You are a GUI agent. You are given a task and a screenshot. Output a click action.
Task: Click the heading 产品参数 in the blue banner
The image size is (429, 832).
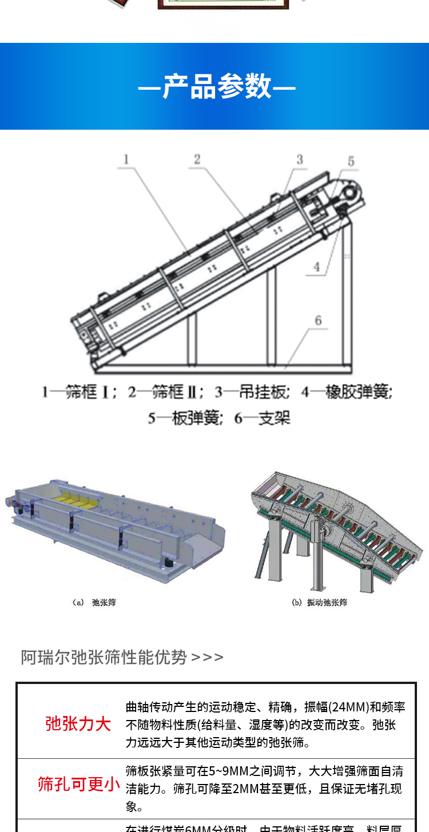click(x=217, y=87)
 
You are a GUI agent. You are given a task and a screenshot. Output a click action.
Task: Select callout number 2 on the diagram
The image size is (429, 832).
click(x=197, y=159)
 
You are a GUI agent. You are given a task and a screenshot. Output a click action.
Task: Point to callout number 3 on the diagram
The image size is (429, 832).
click(x=300, y=159)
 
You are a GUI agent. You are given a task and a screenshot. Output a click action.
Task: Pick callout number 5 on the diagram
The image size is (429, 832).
click(x=351, y=162)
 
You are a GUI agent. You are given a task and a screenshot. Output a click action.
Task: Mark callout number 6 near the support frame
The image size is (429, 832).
click(x=319, y=321)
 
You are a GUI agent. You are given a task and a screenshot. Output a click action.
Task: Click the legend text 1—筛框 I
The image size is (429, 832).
click(x=79, y=393)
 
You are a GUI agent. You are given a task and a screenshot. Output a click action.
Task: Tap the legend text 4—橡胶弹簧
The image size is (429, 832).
click(x=347, y=393)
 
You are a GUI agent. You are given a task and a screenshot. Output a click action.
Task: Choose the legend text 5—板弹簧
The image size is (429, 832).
click(x=184, y=418)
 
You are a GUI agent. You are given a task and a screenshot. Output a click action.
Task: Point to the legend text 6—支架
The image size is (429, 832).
click(x=263, y=418)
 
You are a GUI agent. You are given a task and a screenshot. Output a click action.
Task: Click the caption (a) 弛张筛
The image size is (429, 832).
click(x=94, y=602)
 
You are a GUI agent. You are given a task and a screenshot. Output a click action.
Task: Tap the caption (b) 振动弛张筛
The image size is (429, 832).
click(x=320, y=602)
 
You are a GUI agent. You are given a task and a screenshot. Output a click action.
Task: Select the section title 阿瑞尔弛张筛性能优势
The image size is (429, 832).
click(x=104, y=657)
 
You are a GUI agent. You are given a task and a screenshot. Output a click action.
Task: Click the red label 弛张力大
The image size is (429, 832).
click(x=78, y=724)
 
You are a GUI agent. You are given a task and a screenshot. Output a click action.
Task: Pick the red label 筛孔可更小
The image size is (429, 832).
click(x=79, y=784)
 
